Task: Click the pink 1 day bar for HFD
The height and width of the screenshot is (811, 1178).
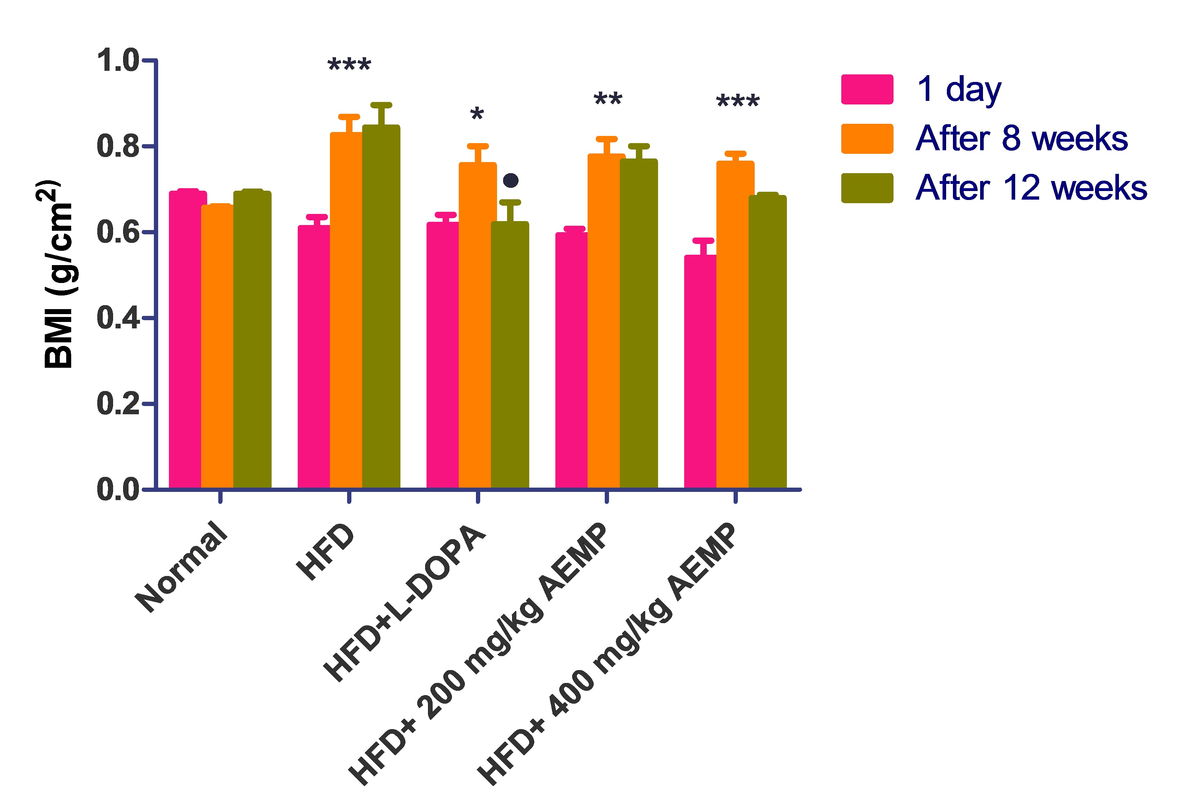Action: coord(313,356)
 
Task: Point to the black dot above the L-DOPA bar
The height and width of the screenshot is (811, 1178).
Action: coord(510,180)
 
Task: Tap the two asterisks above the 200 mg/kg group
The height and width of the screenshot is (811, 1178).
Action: coord(608,99)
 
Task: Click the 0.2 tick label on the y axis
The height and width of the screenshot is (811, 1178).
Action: coord(118,404)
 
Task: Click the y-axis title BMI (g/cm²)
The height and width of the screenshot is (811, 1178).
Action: coord(57,274)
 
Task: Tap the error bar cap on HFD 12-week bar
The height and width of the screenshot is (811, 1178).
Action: coord(381,105)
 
